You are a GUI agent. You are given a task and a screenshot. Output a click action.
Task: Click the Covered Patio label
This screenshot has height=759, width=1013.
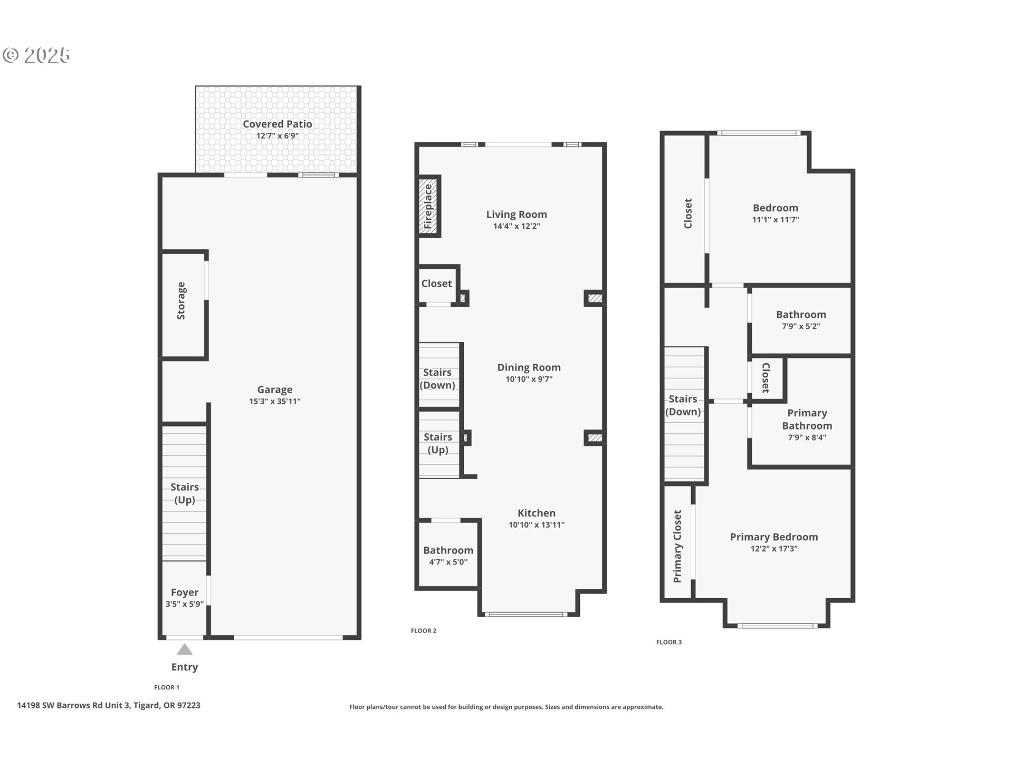277,124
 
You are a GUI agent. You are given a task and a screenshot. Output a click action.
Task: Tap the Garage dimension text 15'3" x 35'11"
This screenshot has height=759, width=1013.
274,402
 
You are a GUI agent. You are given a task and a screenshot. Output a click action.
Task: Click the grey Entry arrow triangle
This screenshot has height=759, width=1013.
184,649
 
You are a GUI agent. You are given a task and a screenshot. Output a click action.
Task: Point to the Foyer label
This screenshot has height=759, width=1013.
185,592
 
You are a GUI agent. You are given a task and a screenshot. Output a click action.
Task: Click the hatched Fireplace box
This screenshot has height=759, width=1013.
428,207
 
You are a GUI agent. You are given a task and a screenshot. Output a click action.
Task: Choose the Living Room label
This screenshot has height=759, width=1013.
516,215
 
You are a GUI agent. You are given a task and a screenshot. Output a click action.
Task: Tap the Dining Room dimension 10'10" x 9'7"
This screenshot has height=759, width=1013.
529,379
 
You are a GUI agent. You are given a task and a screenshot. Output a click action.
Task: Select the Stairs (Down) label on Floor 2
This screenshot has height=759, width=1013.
437,378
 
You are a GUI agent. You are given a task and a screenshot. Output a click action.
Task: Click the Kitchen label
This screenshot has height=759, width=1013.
536,513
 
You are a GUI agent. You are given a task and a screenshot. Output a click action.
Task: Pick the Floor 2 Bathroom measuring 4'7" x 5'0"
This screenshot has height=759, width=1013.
448,555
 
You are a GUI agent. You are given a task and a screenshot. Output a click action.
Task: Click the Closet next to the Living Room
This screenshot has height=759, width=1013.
436,284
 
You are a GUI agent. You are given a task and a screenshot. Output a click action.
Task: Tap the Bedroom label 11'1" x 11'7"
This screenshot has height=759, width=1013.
775,208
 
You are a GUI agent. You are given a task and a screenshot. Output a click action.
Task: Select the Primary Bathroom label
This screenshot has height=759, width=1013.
807,419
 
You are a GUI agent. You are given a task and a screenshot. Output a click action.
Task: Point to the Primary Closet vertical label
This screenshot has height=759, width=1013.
677,546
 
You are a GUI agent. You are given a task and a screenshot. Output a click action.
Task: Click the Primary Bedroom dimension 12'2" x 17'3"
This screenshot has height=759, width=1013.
773,549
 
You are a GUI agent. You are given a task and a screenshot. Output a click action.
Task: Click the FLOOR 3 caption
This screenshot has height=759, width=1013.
668,642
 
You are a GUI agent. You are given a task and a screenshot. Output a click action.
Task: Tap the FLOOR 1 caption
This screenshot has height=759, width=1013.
166,687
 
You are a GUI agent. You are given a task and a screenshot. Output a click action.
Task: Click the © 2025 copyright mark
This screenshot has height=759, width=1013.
36,55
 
